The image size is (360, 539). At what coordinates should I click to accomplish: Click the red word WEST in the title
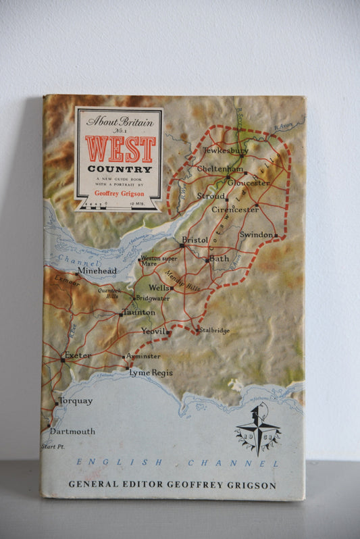120,149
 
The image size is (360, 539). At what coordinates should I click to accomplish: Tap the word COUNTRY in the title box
119,169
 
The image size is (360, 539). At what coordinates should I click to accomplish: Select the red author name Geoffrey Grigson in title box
119,193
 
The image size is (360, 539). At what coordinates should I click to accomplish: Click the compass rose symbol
257,428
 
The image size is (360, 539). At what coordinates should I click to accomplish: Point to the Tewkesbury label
226,151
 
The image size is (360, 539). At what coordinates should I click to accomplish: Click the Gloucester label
248,182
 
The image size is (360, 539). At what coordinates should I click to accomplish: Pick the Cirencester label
234,209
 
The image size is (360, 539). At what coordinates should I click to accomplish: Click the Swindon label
257,234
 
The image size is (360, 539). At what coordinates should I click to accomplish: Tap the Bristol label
196,240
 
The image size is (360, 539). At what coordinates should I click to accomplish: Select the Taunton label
139,313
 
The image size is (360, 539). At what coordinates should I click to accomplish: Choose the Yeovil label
153,332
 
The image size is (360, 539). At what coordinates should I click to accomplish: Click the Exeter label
78,355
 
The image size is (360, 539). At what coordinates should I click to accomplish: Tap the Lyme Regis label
151,373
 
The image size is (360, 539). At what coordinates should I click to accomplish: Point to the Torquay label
76,401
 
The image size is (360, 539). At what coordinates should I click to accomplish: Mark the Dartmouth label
72,431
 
